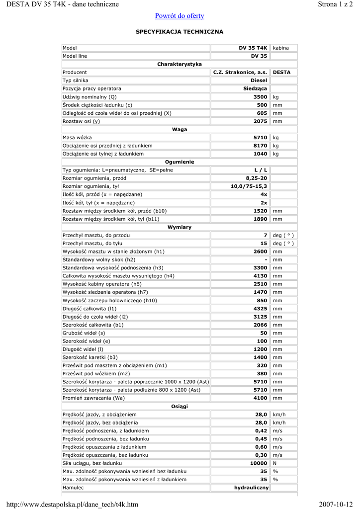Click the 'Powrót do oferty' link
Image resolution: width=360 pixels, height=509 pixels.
click(180, 16)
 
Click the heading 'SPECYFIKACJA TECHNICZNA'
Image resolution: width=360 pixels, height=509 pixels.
click(180, 32)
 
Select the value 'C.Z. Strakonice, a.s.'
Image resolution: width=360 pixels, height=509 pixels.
click(240, 72)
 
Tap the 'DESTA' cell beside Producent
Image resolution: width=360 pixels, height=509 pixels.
click(282, 72)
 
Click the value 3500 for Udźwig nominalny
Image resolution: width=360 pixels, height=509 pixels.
click(261, 97)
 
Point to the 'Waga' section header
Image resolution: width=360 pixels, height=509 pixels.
click(180, 129)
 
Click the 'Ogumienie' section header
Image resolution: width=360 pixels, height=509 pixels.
click(180, 162)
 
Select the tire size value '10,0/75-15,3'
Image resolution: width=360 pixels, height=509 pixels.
click(249, 186)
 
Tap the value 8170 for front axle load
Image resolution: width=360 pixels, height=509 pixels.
click(261, 146)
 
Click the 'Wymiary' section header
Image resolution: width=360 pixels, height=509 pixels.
click(180, 227)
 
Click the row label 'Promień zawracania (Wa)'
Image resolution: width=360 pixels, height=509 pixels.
click(93, 398)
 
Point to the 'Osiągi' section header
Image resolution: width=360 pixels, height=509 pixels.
click(180, 406)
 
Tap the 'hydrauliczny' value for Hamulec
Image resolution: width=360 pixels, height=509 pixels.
click(251, 488)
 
